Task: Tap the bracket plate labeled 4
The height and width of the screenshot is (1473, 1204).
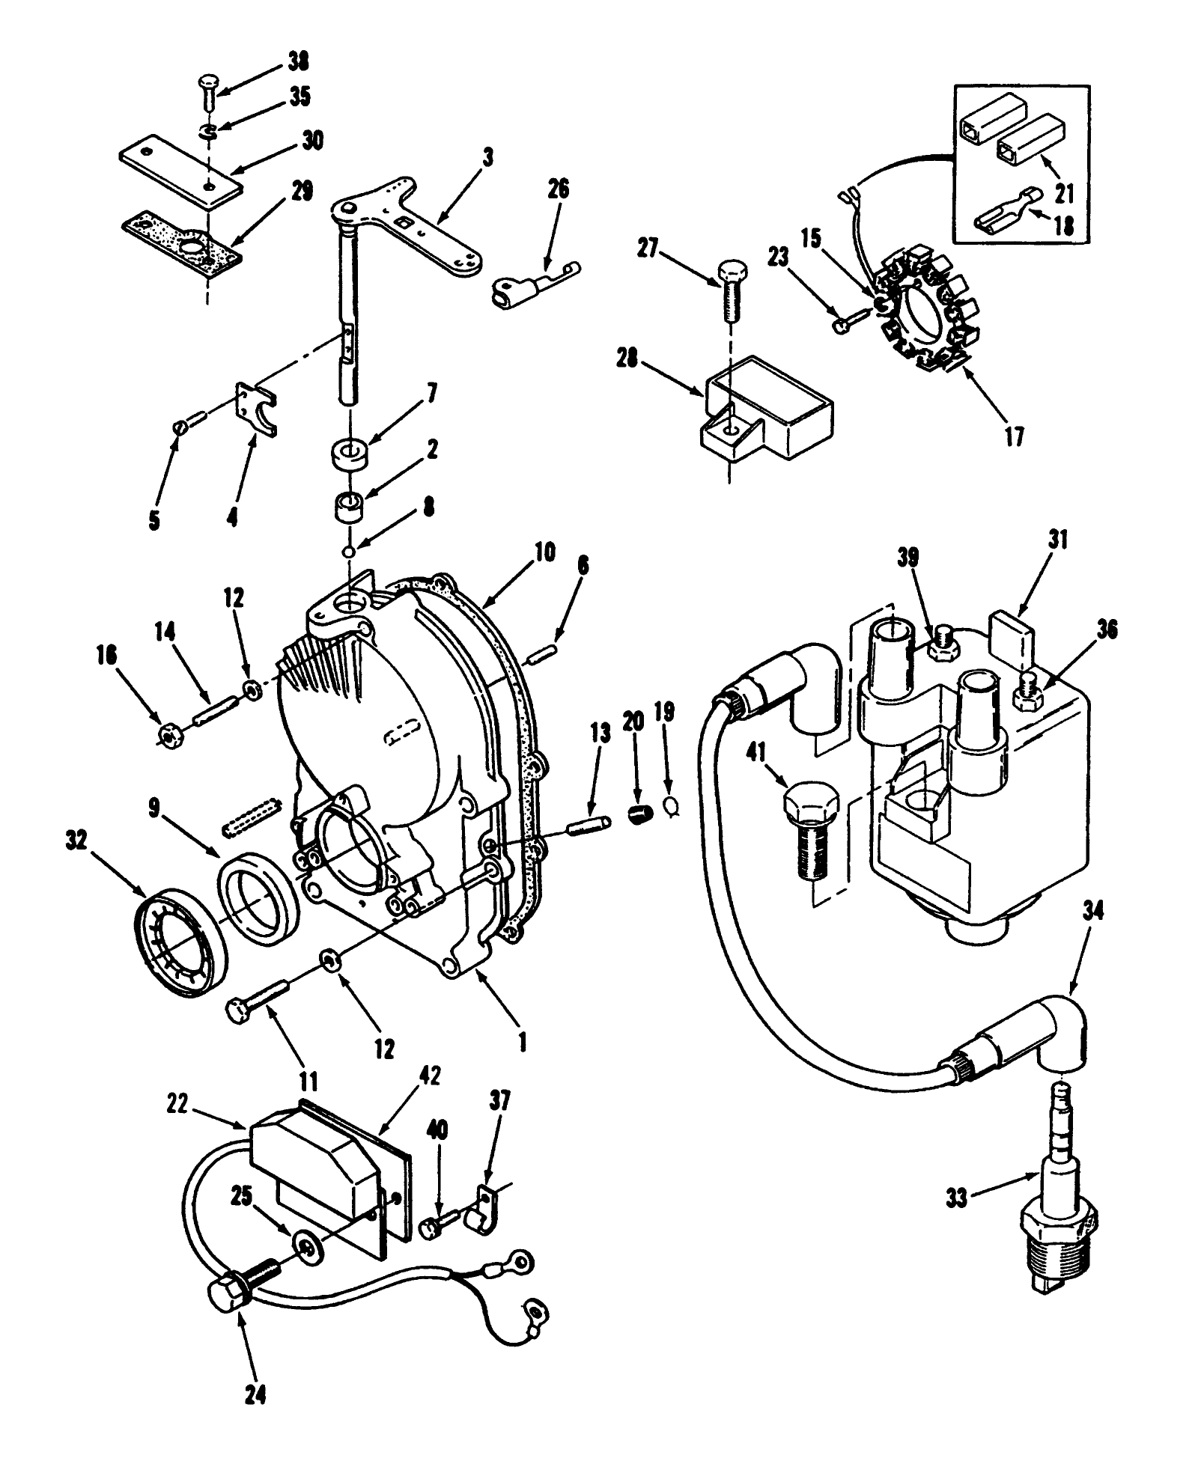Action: [256, 412]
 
